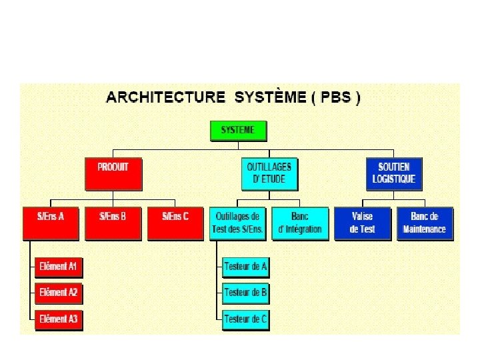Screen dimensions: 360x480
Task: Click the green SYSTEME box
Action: pos(238,130)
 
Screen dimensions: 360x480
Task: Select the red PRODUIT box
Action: pos(113,173)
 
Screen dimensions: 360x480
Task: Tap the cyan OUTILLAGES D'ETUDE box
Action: pos(269,173)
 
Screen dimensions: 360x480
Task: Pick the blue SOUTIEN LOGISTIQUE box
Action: pos(394,173)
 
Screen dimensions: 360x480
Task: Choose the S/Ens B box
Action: pos(113,223)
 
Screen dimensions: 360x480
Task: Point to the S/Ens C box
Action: pos(176,223)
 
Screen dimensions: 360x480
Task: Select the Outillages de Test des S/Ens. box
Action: pos(237,223)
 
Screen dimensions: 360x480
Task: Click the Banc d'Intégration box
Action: pos(300,223)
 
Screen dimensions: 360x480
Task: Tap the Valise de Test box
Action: pos(363,223)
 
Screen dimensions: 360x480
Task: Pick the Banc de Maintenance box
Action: pos(424,223)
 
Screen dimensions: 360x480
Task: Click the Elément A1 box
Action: pos(58,267)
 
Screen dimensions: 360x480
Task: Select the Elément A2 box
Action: pos(58,293)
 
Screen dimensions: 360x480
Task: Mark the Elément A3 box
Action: pos(58,319)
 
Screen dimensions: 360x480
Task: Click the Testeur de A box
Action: pos(245,267)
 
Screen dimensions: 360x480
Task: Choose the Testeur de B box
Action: pos(245,293)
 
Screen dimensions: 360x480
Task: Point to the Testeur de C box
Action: pos(245,319)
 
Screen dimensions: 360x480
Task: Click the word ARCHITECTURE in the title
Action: pos(165,97)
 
